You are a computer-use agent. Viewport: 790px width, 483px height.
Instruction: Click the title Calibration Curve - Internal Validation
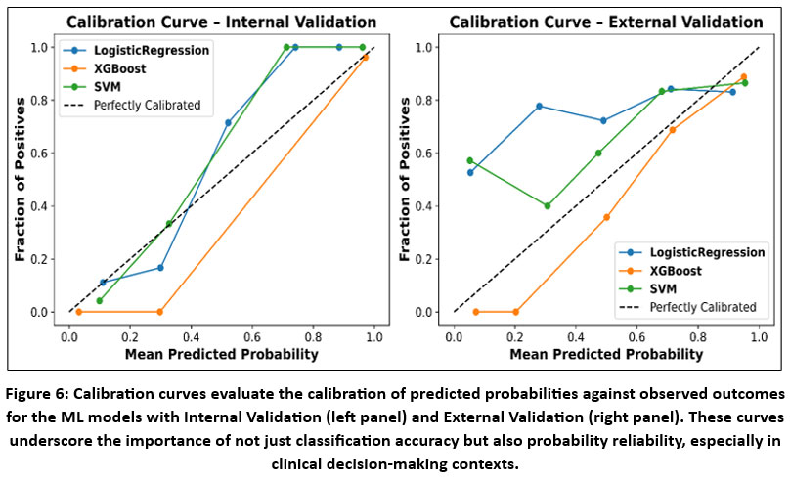(x=221, y=22)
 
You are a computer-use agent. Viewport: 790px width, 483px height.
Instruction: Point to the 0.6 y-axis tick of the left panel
(x=40, y=154)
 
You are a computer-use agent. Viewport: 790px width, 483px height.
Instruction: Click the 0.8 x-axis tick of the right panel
(x=698, y=332)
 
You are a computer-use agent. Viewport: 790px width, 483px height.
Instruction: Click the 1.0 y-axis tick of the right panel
(x=425, y=47)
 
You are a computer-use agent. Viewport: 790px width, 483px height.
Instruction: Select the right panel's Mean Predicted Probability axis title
(x=606, y=353)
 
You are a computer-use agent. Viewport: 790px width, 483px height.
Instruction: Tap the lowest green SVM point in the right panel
(x=547, y=206)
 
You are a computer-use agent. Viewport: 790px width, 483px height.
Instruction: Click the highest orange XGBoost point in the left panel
(x=366, y=57)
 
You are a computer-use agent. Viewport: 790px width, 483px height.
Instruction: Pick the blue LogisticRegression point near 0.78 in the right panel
(x=539, y=106)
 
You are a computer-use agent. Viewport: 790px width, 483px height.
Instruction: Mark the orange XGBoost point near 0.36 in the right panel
(x=606, y=217)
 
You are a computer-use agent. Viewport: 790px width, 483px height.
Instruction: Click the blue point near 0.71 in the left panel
(x=228, y=123)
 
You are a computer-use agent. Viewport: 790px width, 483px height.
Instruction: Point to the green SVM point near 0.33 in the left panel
(x=169, y=224)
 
